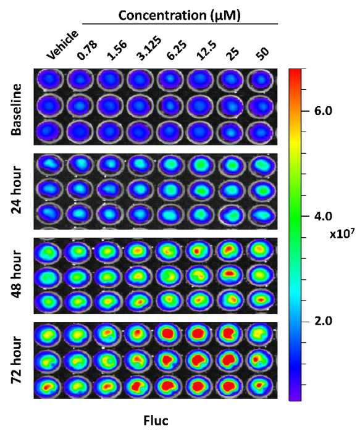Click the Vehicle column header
pos(62,44)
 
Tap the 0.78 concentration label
pos(87,51)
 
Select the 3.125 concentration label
pos(149,48)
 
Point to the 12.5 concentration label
pos(206,50)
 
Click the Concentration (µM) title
pos(180,15)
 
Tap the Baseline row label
pos(16,110)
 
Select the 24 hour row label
pos(17,190)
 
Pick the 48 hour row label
pos(17,274)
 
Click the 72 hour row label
pos(17,360)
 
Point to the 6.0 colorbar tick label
pos(323,111)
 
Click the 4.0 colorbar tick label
pos(323,216)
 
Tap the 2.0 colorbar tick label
pos(323,321)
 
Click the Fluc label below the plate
pos(156,420)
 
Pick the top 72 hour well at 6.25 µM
pos(169,333)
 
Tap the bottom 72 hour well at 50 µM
pos(260,386)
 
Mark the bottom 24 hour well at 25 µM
pos(231,215)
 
